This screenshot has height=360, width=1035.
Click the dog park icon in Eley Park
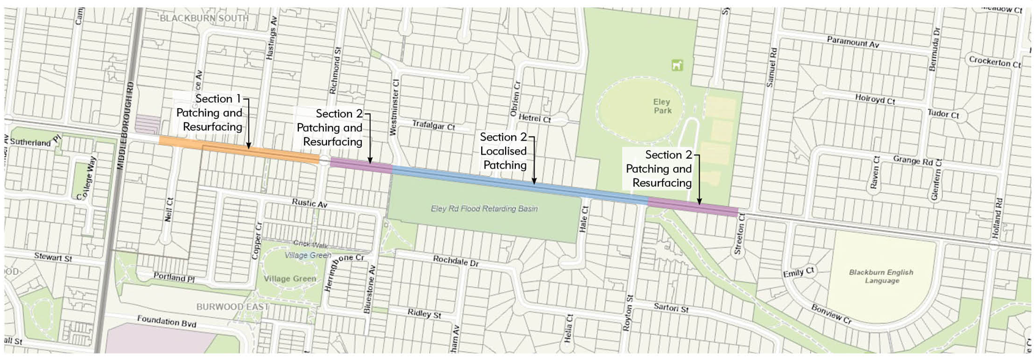(677, 65)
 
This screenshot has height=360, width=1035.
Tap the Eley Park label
(662, 106)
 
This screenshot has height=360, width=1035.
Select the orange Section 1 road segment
(238, 150)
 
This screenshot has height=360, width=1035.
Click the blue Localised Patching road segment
(520, 183)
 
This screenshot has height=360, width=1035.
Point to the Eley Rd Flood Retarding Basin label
(484, 208)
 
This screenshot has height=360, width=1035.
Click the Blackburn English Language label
(881, 276)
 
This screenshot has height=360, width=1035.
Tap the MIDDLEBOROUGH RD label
(129, 125)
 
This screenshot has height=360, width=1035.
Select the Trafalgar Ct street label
(433, 125)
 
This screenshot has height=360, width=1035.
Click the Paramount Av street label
(853, 42)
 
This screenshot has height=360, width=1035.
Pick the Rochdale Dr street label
(456, 261)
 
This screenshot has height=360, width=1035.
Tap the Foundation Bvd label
(166, 321)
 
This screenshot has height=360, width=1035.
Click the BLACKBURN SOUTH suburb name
(204, 18)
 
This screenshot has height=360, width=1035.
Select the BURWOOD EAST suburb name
(232, 306)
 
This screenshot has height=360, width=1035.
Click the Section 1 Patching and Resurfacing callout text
(210, 113)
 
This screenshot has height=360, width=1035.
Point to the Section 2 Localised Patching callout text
(504, 151)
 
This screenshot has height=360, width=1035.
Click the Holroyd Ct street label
(875, 99)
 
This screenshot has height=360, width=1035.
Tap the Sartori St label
(671, 308)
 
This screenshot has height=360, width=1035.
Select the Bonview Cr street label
(831, 314)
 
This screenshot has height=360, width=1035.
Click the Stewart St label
(53, 257)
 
